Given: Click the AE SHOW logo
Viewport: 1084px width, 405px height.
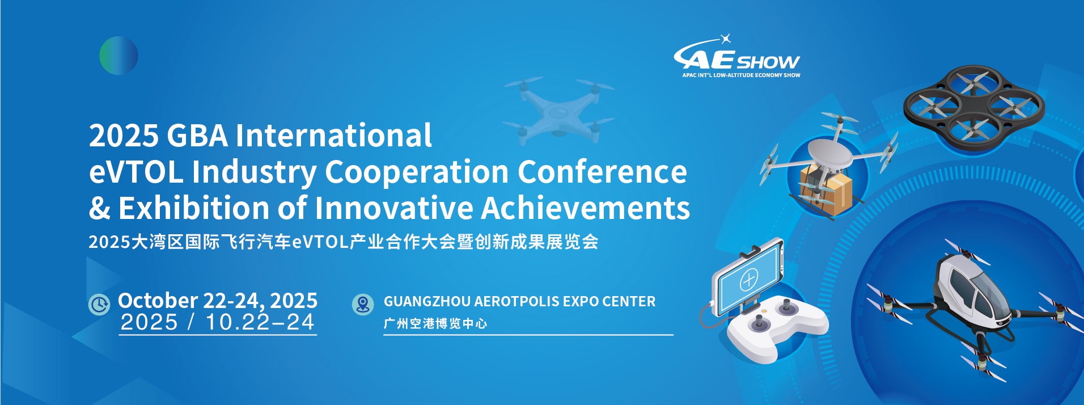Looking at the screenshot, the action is point(736,56).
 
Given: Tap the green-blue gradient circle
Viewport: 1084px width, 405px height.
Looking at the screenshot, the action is point(118,56).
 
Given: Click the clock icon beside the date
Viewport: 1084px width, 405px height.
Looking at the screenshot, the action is point(99,305).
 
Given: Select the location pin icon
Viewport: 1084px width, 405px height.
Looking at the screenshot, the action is point(363,305).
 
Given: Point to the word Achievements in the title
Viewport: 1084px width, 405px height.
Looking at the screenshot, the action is point(585,208).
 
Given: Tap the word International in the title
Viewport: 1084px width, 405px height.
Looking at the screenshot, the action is point(333,136).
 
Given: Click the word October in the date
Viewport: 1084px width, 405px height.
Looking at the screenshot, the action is point(158,300).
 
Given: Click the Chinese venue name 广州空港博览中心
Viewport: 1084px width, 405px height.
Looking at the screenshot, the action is point(435,323).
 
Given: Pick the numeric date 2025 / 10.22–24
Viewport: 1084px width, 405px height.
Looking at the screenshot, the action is point(218,322).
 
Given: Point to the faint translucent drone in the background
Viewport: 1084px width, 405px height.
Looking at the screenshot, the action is point(558,110).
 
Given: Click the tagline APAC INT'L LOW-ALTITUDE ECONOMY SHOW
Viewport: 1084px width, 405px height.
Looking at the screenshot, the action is point(741,75).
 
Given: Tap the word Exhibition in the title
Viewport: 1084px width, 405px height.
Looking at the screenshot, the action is point(194,208).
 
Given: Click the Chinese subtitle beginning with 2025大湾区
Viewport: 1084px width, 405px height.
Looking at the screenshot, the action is point(344,242).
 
